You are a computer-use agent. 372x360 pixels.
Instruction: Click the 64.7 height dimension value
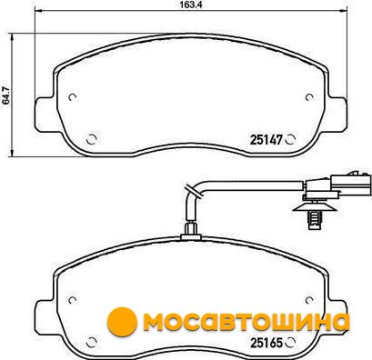pyautogui.click(x=5, y=95)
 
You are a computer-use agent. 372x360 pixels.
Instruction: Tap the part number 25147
pyautogui.click(x=266, y=140)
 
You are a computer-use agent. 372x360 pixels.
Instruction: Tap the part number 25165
pyautogui.click(x=266, y=343)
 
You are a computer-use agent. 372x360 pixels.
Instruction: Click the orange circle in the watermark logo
pyautogui.click(x=122, y=322)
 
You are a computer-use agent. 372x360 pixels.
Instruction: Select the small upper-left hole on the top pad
pyautogui.click(x=72, y=97)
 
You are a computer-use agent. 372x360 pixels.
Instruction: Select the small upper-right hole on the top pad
pyautogui.click(x=309, y=97)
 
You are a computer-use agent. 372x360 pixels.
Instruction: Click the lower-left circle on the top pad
pyautogui.click(x=91, y=139)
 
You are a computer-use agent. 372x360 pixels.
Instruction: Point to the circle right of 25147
pyautogui.click(x=290, y=139)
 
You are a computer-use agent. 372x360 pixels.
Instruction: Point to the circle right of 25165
pyautogui.click(x=290, y=343)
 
